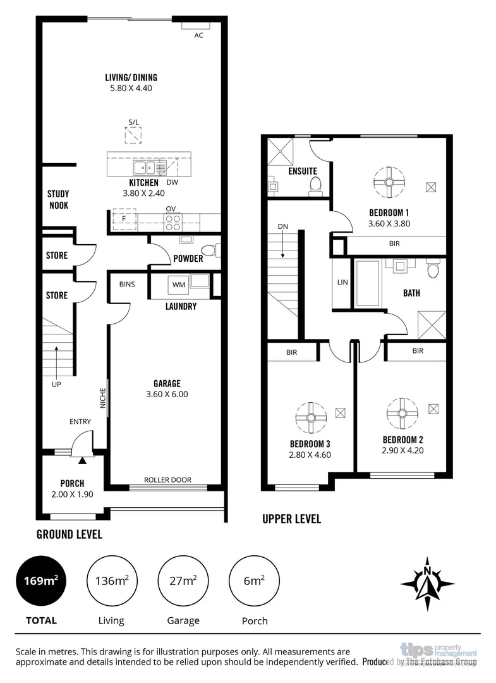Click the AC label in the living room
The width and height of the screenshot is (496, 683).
[198, 35]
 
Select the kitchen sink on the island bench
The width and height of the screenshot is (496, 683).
[144, 168]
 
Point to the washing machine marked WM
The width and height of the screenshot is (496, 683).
[179, 285]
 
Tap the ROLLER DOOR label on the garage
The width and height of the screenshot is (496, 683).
[167, 480]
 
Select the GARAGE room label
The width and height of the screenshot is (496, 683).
[167, 383]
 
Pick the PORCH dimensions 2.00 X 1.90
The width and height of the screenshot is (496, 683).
[72, 495]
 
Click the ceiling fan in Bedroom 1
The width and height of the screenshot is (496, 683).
[389, 183]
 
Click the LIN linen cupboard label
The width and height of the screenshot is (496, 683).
[343, 282]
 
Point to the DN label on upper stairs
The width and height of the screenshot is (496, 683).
[282, 226]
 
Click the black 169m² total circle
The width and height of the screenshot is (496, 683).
[42, 581]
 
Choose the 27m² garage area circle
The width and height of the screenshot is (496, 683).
[183, 581]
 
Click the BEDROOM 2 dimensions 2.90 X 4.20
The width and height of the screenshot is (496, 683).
[402, 451]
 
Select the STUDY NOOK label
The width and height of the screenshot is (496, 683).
[58, 199]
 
